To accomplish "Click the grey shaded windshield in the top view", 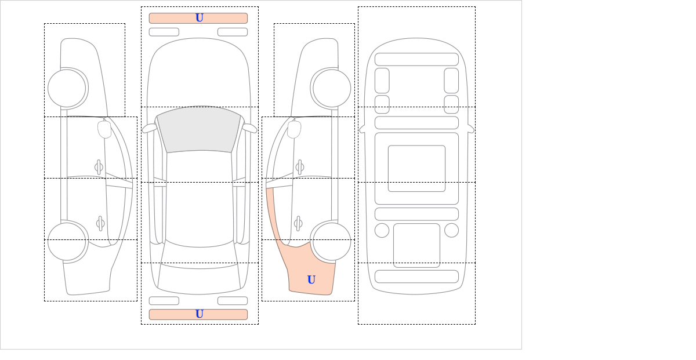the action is [x=199, y=129].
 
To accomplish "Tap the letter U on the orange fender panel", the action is [x=311, y=279].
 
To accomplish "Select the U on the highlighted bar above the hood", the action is [x=200, y=18].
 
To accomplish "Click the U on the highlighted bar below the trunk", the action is [x=200, y=314].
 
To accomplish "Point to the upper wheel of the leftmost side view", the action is [x=67, y=88].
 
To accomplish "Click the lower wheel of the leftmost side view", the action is [x=67, y=241].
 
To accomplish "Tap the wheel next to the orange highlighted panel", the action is [x=332, y=241].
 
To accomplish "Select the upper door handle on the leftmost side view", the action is [x=99, y=167].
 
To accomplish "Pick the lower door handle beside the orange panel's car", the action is [x=298, y=223].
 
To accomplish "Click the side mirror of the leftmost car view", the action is [x=104, y=129].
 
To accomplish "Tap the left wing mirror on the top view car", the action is [x=150, y=128].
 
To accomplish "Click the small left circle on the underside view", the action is [x=382, y=231].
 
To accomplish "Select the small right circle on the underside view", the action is [x=451, y=231].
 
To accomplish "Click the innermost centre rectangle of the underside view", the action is [x=416, y=168].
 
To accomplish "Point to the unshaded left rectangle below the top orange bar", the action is [x=164, y=32].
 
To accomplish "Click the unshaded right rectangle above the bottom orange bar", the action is [x=233, y=301].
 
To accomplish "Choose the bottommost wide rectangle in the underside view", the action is [x=416, y=277].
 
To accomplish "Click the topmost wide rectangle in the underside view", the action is [x=416, y=59].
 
